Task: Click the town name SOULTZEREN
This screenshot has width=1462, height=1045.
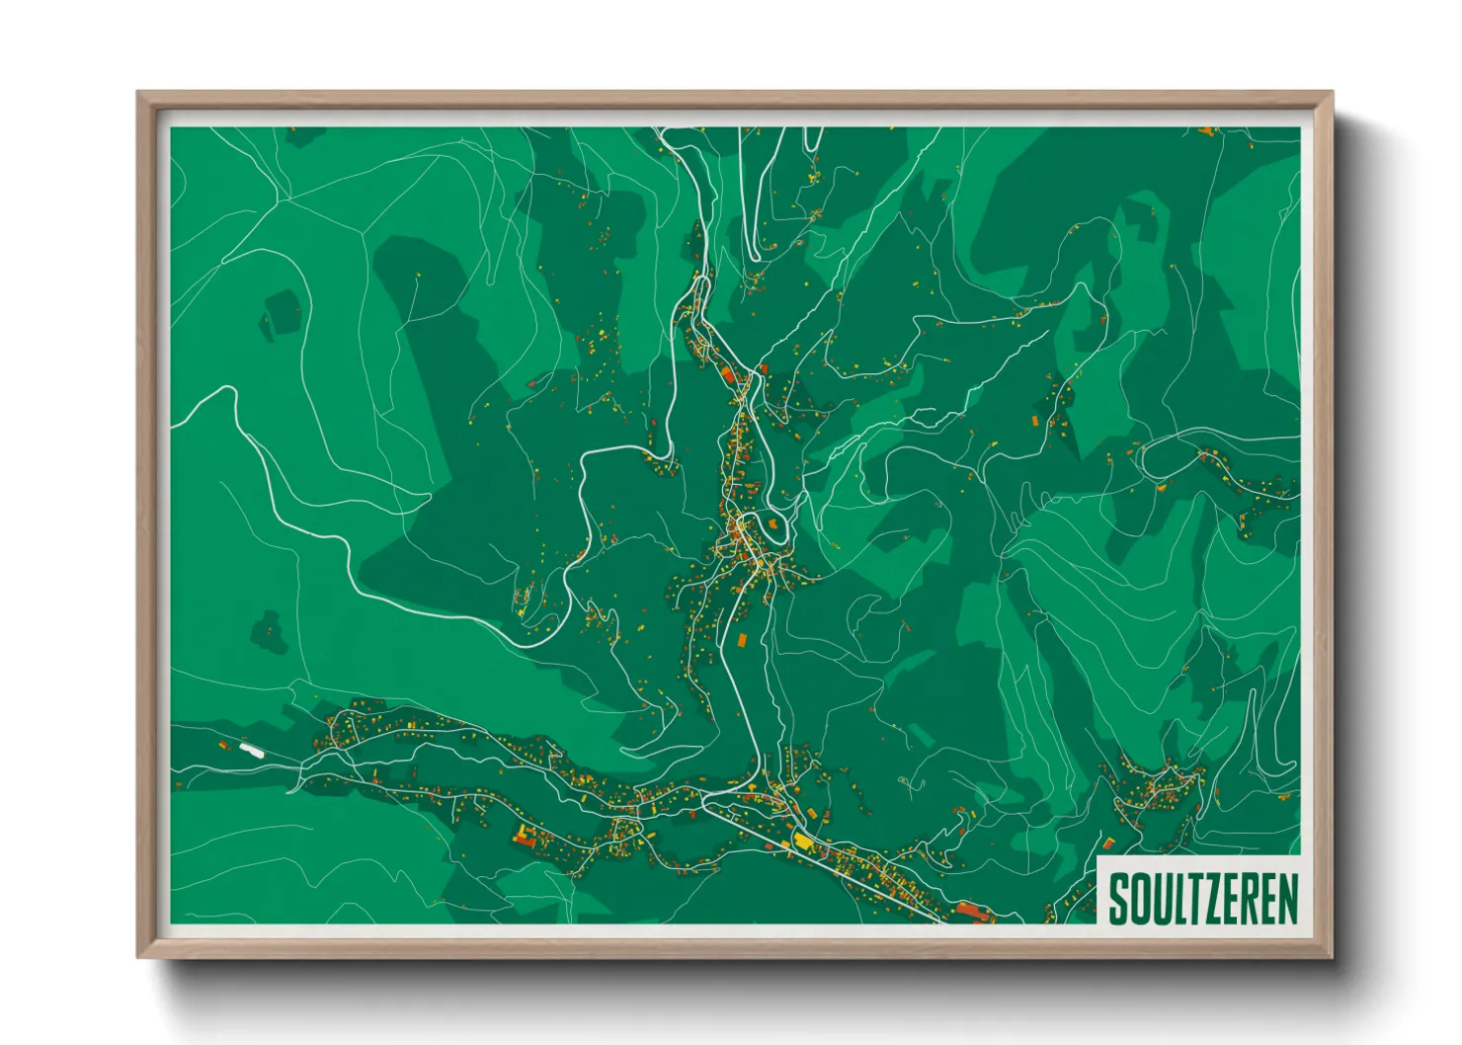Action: [x=1202, y=897]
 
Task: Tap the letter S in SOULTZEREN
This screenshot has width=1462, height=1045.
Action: [x=1119, y=897]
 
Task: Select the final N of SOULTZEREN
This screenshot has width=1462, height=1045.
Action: [x=1287, y=897]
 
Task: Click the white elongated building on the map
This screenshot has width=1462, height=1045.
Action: [x=253, y=749]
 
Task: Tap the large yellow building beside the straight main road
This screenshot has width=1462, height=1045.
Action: [x=801, y=841]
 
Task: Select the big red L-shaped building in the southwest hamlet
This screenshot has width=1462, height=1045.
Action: [x=522, y=838]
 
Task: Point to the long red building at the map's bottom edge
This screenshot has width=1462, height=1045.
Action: [x=972, y=910]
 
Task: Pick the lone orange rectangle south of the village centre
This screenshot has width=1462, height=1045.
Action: [x=742, y=640]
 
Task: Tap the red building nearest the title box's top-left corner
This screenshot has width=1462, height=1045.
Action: [x=1109, y=844]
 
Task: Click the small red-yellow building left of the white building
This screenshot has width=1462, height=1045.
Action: [x=223, y=745]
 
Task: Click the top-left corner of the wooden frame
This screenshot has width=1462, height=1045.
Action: [x=139, y=94]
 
